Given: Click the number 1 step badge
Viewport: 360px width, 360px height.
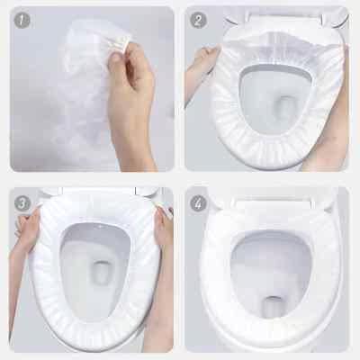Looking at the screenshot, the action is [22, 21].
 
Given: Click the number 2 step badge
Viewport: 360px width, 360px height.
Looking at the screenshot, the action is [198, 21].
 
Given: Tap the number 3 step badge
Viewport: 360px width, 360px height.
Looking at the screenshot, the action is [22, 203].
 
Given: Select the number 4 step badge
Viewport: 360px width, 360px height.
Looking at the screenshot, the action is [198, 203].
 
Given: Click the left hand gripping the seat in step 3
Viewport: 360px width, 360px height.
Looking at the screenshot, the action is [29, 228].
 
